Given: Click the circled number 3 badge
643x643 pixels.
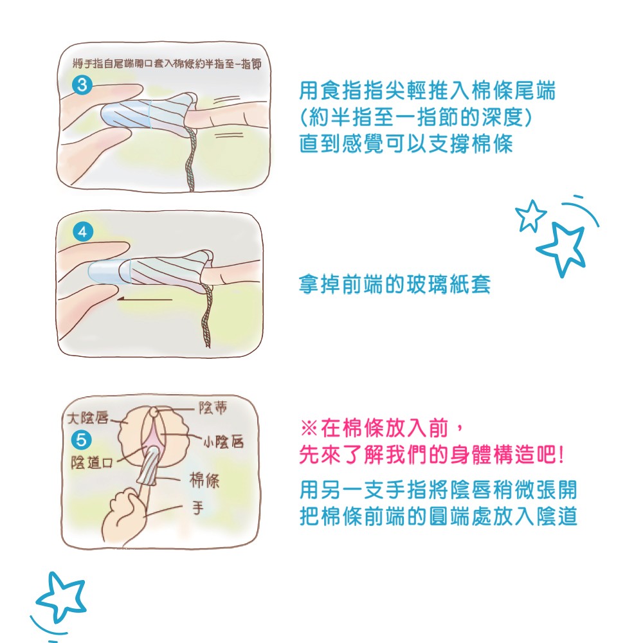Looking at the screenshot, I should coord(82,85).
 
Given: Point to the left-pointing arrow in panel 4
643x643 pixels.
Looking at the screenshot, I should coord(144,299).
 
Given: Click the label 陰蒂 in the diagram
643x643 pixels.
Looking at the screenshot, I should coord(213,407).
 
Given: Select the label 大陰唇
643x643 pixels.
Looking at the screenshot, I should coord(88,418).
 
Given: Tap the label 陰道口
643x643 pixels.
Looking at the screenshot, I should coord(92,462).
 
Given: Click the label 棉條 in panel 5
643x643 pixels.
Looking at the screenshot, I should coord(204,480).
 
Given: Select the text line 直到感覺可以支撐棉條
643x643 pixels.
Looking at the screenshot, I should coord(406,143).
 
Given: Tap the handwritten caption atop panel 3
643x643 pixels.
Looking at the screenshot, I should coord(167,64).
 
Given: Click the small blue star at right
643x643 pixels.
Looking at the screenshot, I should coord(531,215).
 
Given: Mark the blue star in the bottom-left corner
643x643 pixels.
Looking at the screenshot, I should coord(61,597).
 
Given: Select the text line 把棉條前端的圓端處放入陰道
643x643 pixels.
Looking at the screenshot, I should coord(439,517).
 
